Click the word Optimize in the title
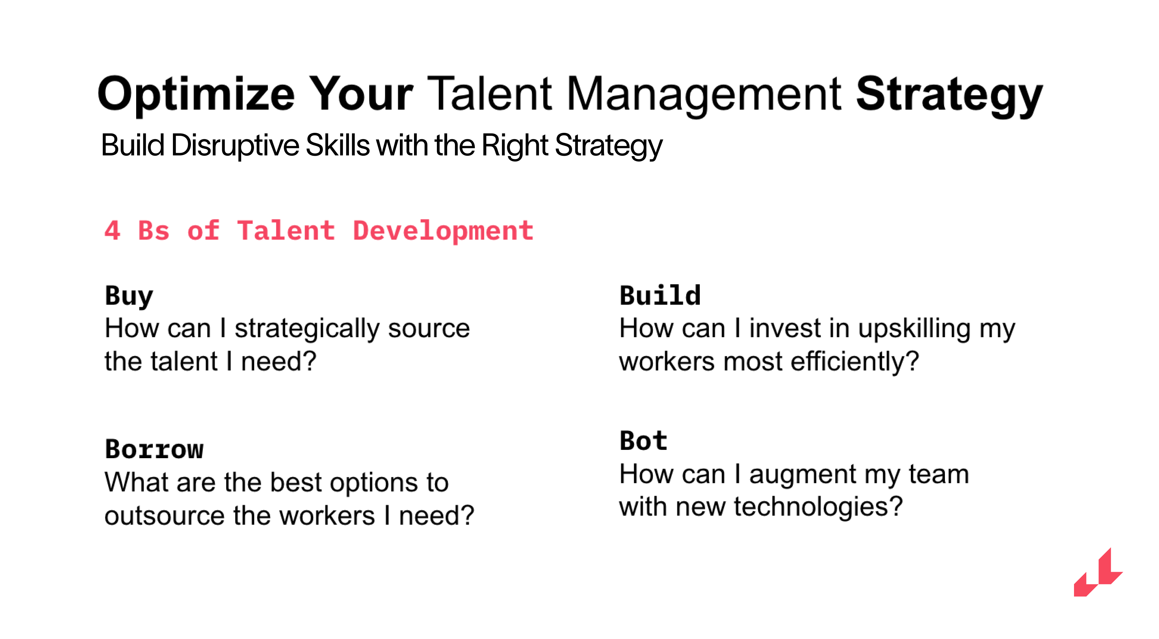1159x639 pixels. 196,94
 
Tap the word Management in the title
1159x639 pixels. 704,94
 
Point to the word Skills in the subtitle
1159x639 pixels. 337,145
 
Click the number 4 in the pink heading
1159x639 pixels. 112,230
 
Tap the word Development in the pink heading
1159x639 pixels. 443,231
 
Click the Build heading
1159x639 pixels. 660,295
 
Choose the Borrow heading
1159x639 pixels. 154,449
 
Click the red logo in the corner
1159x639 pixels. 1098,572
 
